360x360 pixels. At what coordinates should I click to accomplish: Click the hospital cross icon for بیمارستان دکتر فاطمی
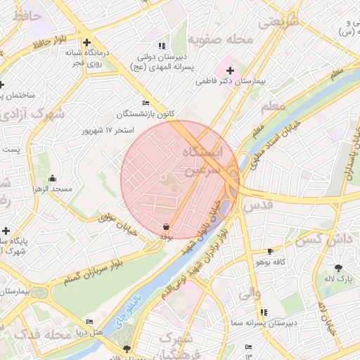point(230,70)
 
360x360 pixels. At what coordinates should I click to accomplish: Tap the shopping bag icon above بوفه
point(165,227)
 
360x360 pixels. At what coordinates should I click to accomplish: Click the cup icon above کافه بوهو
point(270,252)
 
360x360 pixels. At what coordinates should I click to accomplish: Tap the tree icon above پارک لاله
point(338,267)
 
